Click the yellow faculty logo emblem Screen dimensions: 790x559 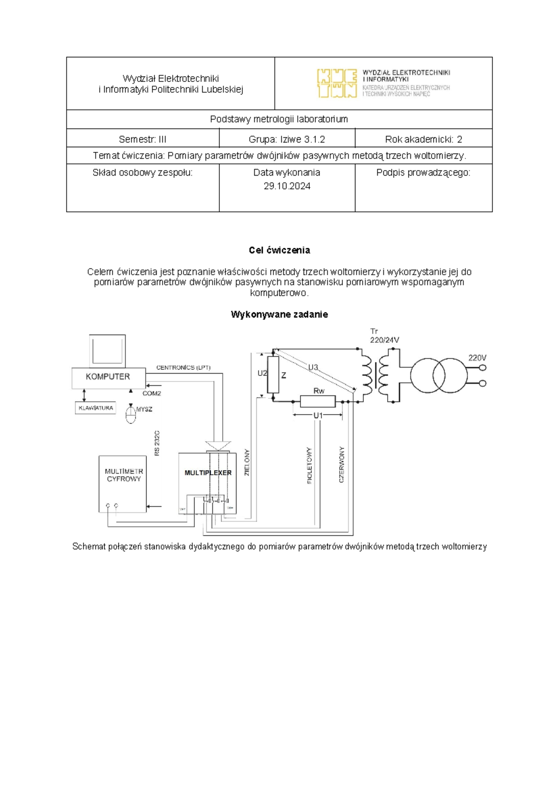337,83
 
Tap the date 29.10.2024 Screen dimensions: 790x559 287,186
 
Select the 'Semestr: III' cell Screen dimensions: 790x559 143,139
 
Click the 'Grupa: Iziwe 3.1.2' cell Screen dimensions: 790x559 287,139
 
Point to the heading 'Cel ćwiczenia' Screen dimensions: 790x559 279,250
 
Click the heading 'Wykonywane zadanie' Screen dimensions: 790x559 279,314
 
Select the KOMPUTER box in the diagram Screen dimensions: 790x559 108,377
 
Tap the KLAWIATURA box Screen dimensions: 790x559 95,408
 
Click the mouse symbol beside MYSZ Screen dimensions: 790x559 131,413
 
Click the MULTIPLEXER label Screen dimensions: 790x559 208,473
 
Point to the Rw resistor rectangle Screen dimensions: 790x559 318,401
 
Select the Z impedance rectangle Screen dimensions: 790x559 273,375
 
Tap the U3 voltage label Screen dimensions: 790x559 313,368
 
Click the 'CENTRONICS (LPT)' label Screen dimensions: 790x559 184,368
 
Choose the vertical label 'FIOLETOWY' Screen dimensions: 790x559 310,466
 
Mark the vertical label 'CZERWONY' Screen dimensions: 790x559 342,465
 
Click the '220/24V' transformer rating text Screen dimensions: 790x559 384,340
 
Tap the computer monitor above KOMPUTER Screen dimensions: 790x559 108,350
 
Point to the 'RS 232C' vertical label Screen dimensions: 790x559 157,443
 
